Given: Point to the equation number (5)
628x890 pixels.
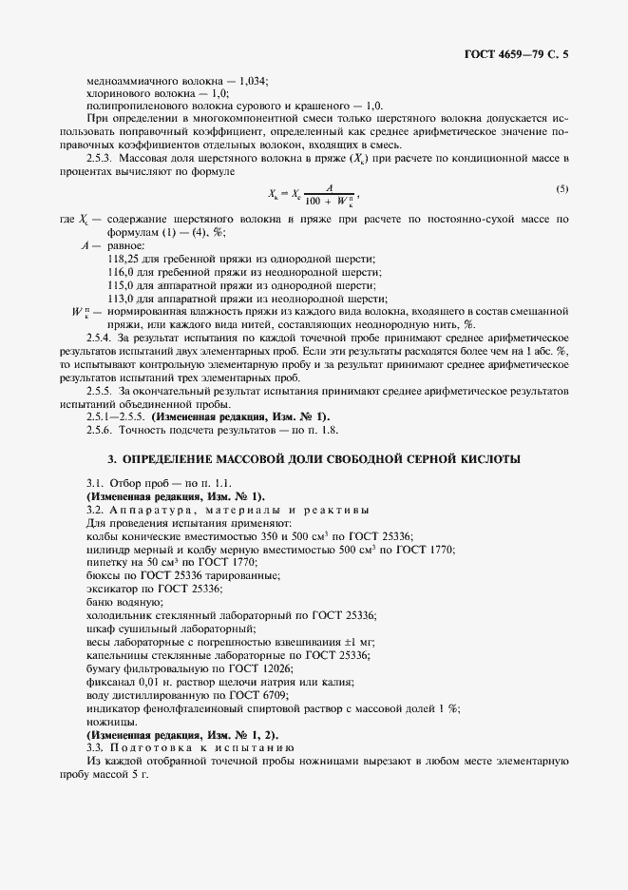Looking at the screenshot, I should pos(562,189).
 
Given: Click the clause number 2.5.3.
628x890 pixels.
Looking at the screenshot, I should pos(99,154).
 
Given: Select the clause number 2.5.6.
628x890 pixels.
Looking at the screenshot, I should pos(99,429).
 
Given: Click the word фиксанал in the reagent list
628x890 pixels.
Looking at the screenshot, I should pos(109,682).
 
